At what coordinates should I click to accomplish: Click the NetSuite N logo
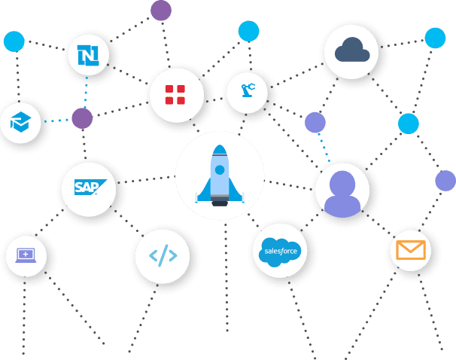tap(88, 55)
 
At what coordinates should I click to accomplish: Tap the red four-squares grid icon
tap(175, 94)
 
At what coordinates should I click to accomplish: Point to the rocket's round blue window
tap(219, 170)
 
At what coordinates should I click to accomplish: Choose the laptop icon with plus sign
tap(26, 255)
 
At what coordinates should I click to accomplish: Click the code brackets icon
tap(163, 255)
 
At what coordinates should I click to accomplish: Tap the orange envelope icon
tap(411, 249)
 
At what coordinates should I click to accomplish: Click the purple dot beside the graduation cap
tap(82, 118)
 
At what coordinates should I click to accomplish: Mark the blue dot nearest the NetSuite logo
tap(14, 41)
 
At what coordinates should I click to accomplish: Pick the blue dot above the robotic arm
tap(248, 31)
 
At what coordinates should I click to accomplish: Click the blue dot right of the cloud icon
tap(435, 38)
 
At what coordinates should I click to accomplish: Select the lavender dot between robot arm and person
tap(315, 123)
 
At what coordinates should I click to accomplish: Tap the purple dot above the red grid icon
tap(160, 11)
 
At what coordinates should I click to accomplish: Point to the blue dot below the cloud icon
tap(409, 124)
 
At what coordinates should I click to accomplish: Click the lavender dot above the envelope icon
tap(445, 181)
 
